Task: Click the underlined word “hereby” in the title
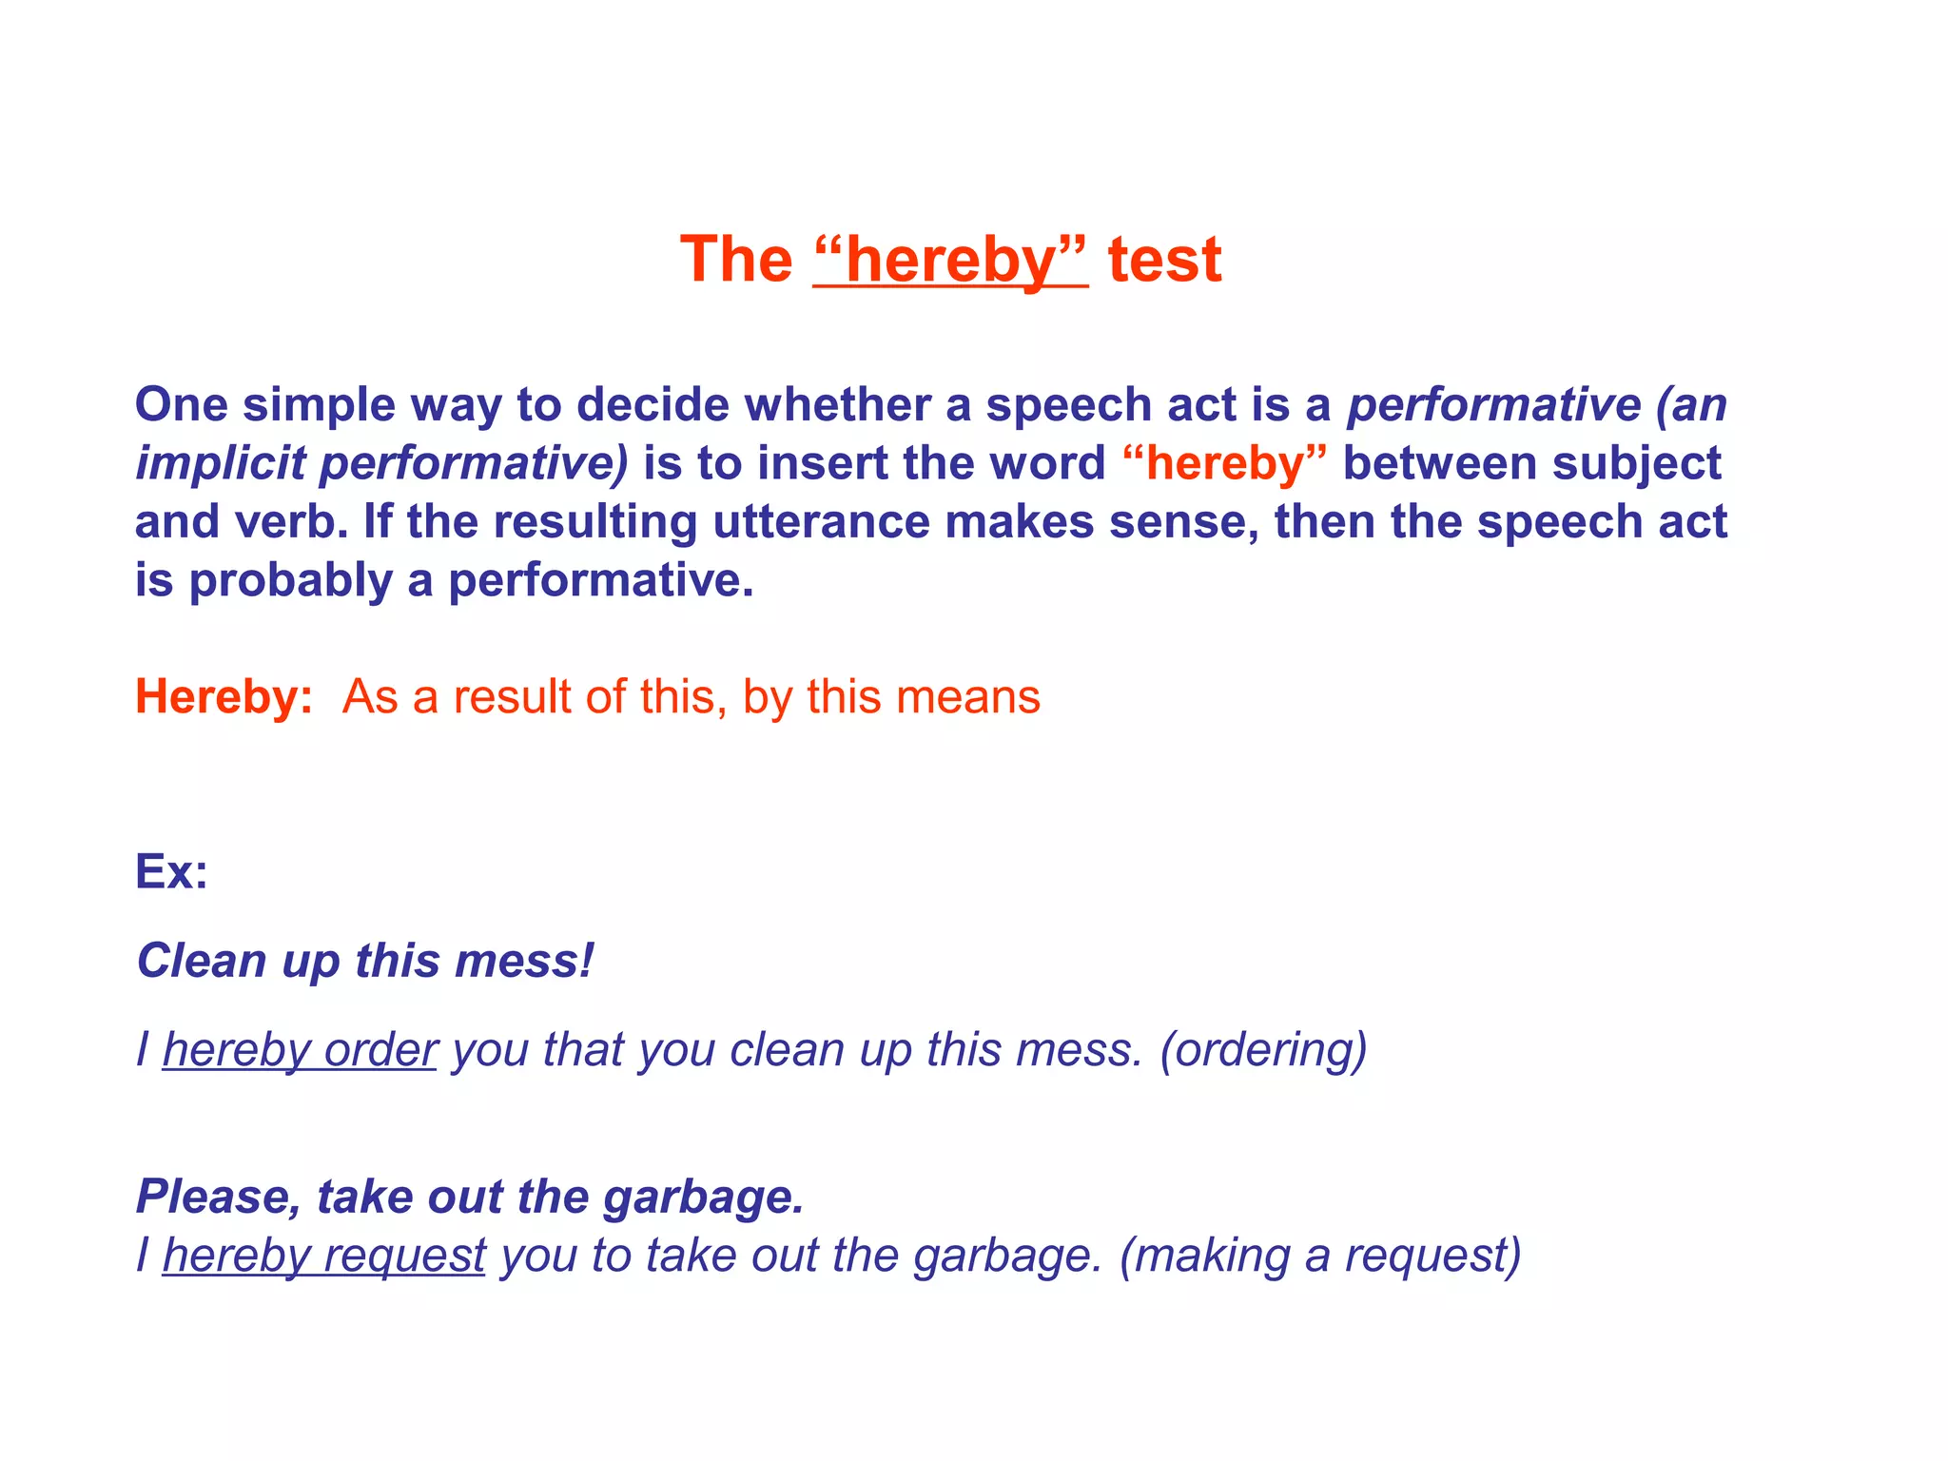coord(950,260)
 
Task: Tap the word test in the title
coord(1164,260)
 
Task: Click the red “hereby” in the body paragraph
coord(1224,463)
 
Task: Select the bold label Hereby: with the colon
coord(224,696)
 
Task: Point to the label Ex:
coord(171,870)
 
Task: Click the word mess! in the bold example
coord(524,960)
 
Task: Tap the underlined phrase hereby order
coord(300,1050)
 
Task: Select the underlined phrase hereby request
coord(324,1255)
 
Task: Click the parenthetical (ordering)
coord(1263,1050)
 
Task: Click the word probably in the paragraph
coord(290,580)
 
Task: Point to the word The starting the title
coord(736,260)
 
